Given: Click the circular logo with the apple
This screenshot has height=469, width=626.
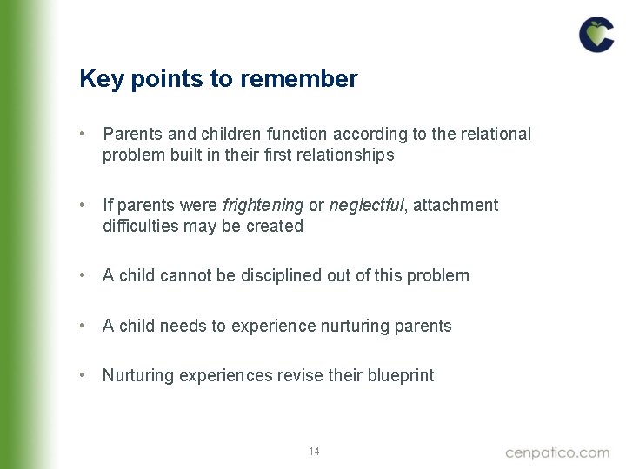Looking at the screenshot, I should (596, 35).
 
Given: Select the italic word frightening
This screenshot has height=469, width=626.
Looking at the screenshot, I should (263, 206).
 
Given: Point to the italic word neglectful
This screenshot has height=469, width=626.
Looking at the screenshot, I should (366, 206).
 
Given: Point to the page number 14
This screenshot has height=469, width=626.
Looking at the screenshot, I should (314, 452).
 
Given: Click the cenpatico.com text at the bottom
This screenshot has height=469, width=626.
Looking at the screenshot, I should (557, 452).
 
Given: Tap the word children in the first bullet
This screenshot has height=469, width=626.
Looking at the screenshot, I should (227, 135).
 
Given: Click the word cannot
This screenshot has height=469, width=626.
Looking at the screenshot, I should (183, 276).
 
